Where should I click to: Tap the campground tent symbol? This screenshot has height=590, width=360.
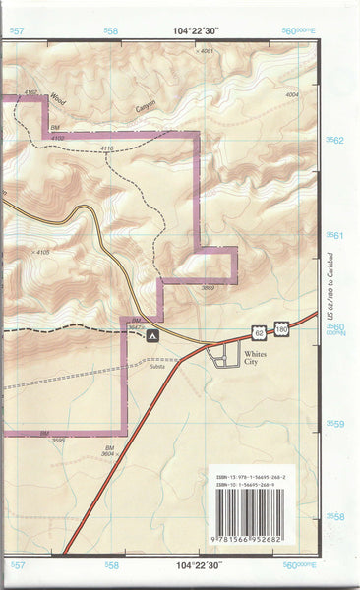(151, 336)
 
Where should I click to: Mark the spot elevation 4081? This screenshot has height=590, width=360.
(205, 50)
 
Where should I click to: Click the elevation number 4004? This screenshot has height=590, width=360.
(291, 95)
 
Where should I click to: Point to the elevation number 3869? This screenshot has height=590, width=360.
(208, 287)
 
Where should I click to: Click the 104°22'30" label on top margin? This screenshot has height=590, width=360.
(193, 30)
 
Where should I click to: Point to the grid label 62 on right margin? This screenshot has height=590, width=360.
(337, 141)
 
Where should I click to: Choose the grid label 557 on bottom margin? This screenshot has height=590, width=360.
(16, 567)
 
